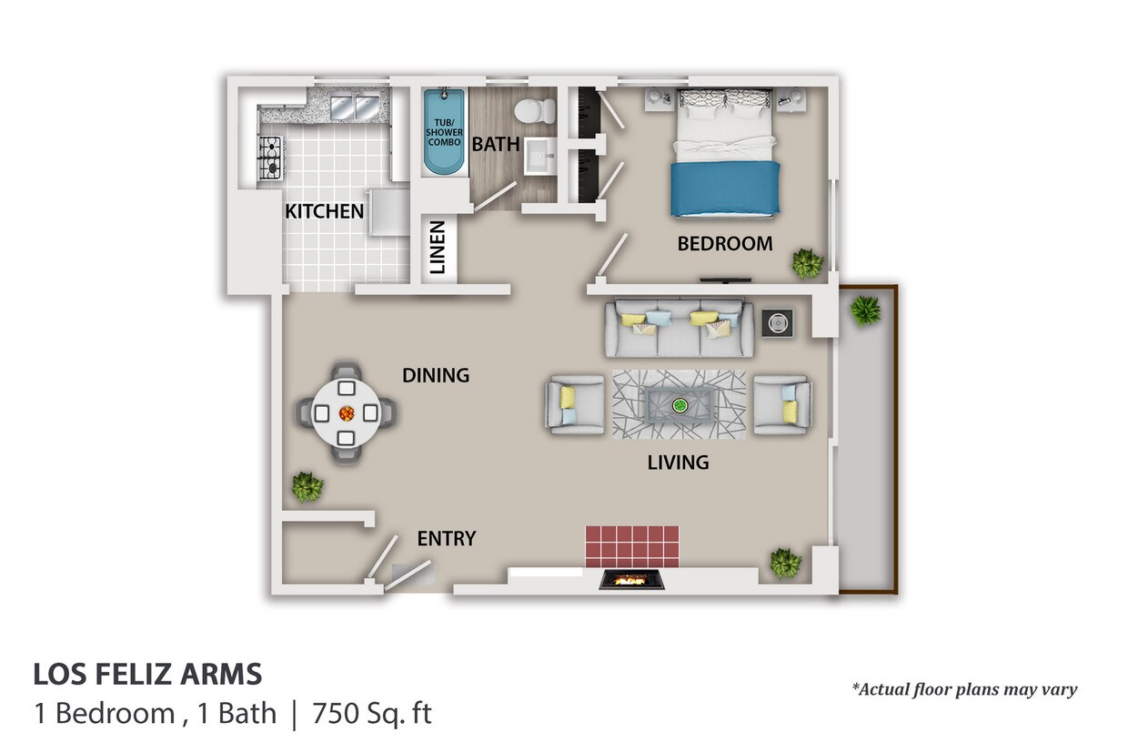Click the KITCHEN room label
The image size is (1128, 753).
tap(324, 211)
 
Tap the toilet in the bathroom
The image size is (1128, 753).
tap(534, 111)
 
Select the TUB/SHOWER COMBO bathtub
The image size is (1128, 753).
tap(443, 132)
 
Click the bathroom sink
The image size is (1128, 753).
tap(539, 157)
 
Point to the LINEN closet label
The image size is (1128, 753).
tap(438, 247)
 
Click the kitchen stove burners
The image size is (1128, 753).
tap(270, 158)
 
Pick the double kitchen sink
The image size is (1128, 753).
tap(355, 107)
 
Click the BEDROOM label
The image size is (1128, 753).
tap(725, 244)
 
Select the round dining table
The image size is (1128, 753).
tap(346, 413)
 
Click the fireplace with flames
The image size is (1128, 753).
tap(631, 580)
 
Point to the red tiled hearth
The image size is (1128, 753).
tap(632, 547)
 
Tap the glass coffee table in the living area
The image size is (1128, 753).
tap(680, 404)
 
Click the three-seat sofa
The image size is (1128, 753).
tap(680, 329)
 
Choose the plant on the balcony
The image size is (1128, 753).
tap(866, 310)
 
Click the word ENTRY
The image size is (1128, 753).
tap(446, 539)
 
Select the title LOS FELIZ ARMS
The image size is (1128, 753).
tap(147, 675)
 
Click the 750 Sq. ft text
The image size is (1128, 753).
tap(372, 714)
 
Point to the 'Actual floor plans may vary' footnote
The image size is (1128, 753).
tap(964, 689)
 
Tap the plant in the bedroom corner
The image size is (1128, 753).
tap(807, 263)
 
